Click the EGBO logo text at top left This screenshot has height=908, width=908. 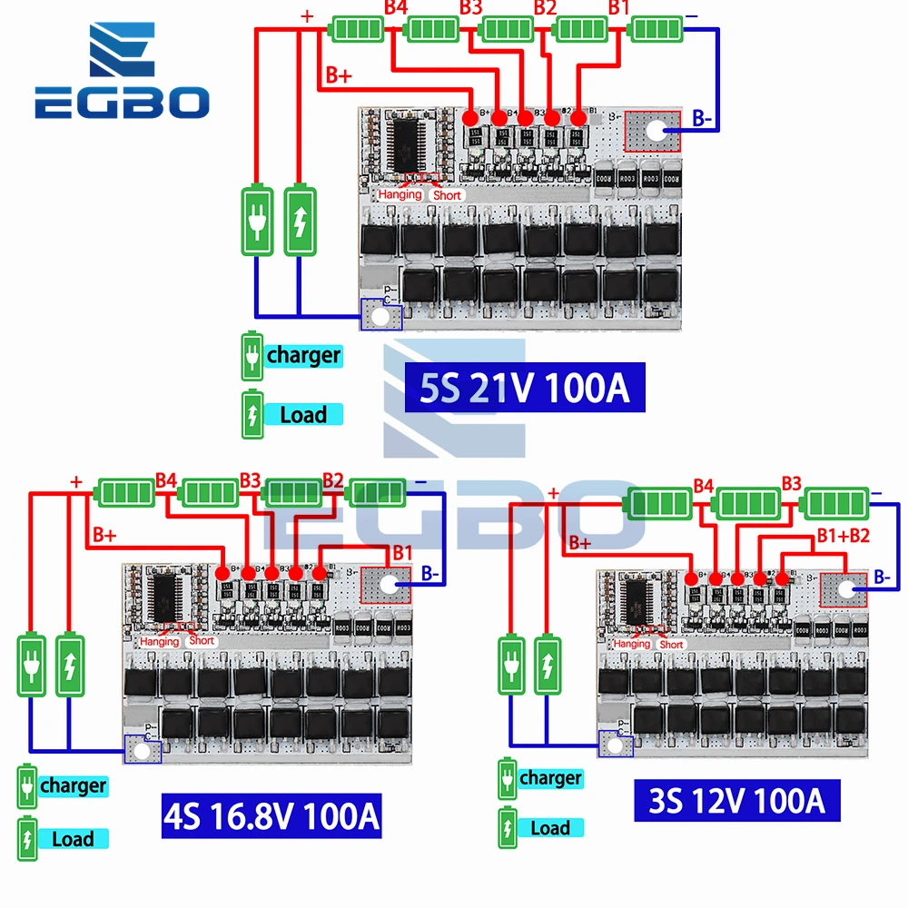click(122, 103)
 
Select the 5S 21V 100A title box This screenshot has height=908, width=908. click(525, 390)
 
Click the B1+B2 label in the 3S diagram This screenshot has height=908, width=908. click(844, 535)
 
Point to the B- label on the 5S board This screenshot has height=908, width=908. click(705, 117)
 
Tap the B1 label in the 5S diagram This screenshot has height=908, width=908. click(618, 7)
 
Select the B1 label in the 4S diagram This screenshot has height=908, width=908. click(401, 552)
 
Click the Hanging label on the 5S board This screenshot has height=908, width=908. click(400, 194)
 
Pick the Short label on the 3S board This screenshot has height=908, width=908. click(671, 645)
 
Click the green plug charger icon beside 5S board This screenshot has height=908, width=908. click(257, 221)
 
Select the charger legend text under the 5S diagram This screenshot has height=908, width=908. click(302, 355)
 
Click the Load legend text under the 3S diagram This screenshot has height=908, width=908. click(550, 827)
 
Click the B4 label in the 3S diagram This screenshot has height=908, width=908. click(704, 484)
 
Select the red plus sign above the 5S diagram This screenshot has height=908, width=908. click(307, 15)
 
